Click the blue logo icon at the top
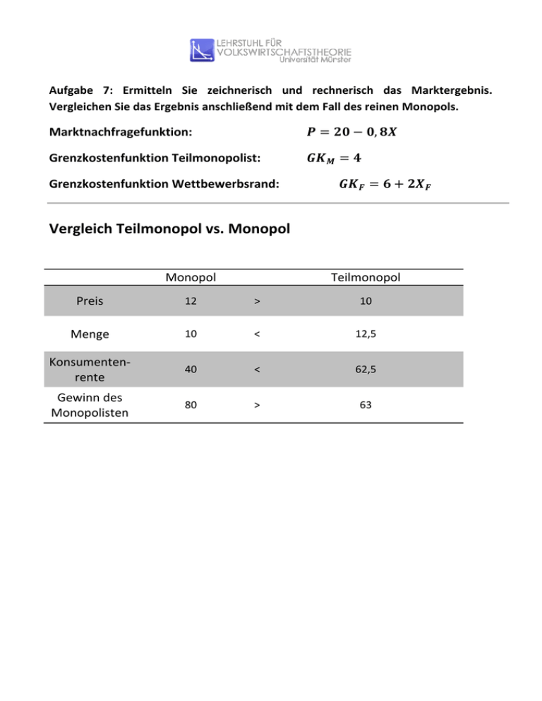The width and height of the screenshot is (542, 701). coord(202,49)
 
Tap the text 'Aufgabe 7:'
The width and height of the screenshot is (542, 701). coord(77,91)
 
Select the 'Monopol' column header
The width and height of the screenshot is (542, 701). coord(191,277)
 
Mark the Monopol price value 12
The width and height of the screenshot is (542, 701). coord(191,300)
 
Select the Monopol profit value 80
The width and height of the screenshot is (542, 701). coord(191,406)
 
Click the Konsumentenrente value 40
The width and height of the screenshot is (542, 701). coord(191,371)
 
